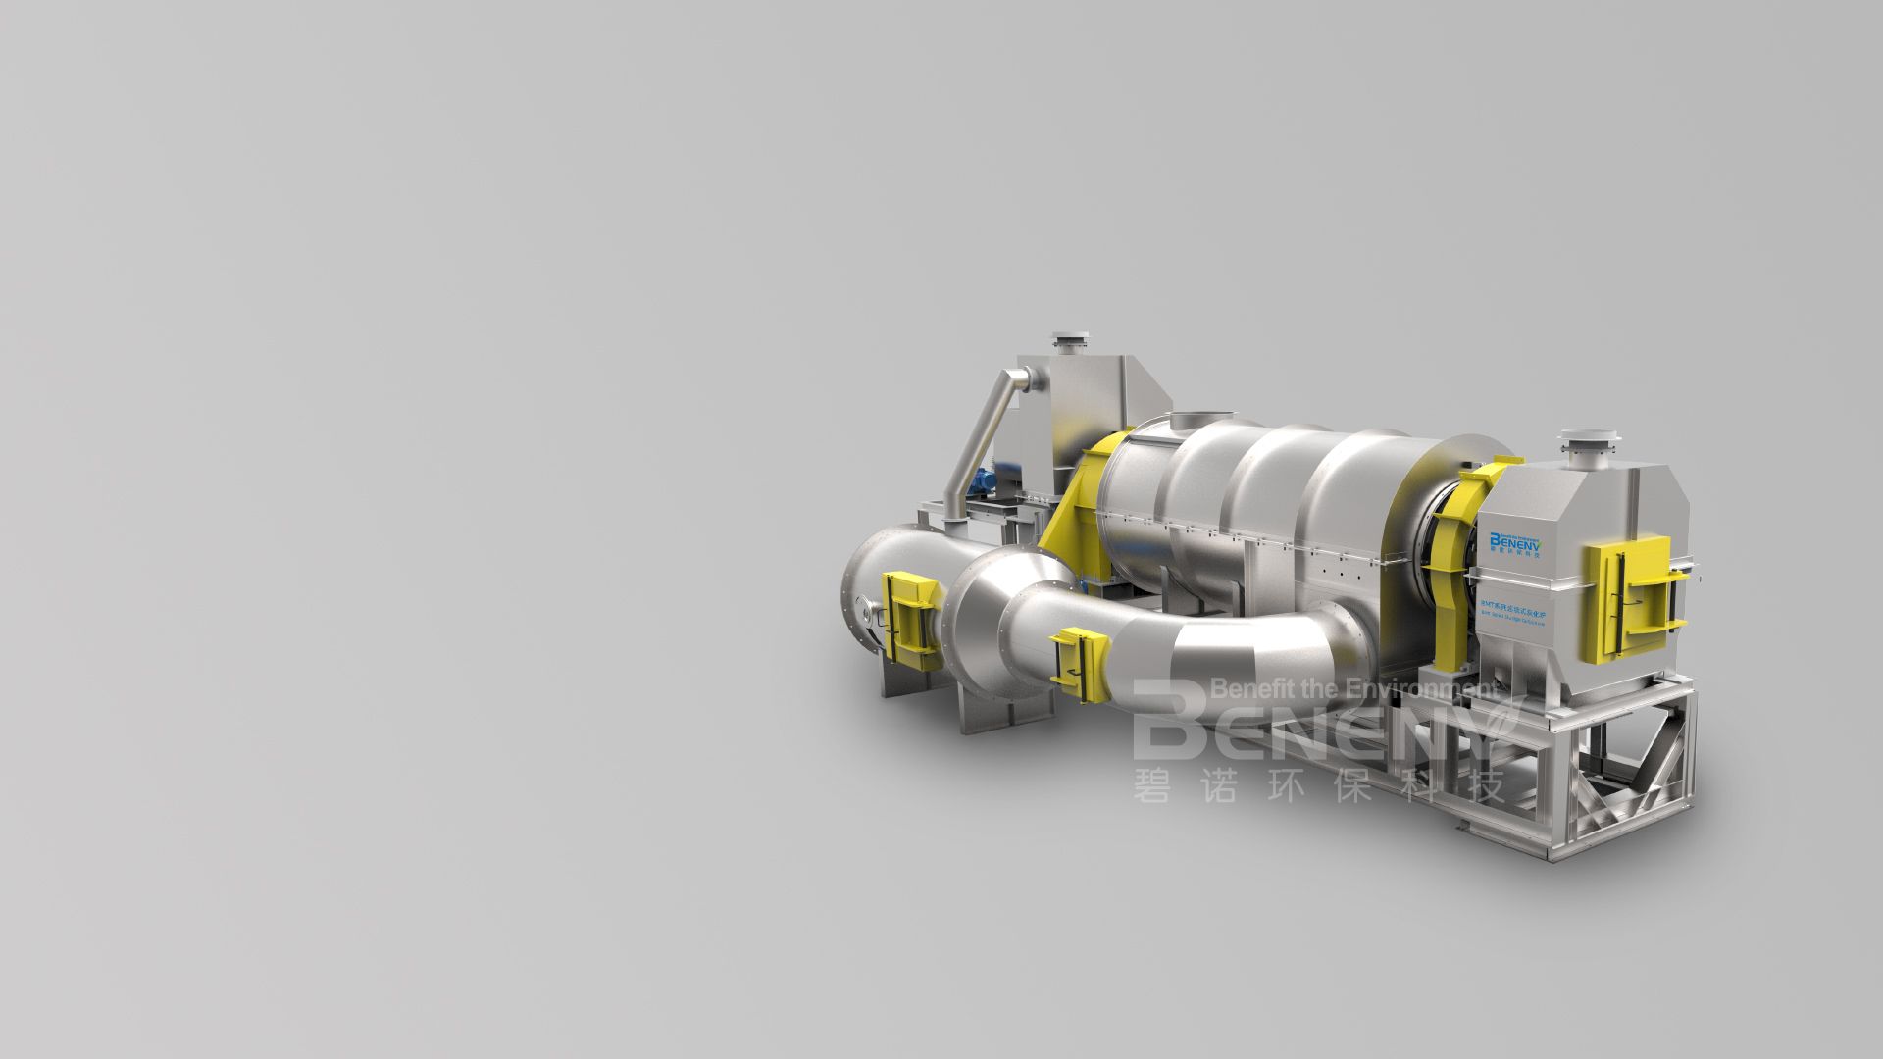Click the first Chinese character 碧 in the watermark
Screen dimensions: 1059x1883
point(1153,785)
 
